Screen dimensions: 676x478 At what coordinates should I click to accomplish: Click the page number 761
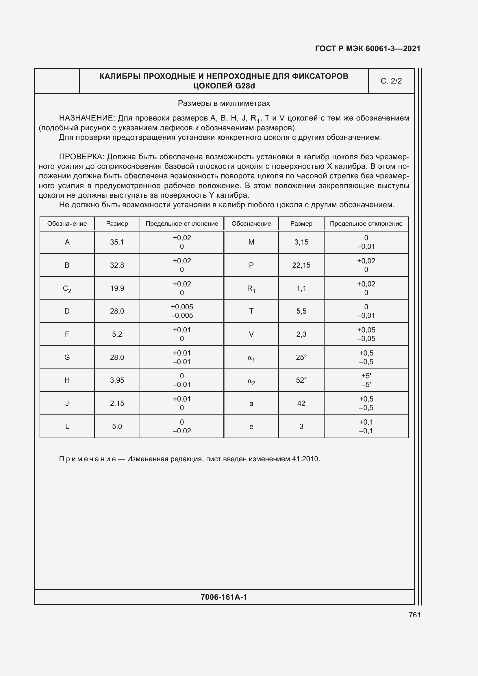414,615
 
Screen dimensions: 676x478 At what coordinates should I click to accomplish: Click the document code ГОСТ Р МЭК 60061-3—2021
367,49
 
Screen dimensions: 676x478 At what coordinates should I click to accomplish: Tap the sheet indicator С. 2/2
391,81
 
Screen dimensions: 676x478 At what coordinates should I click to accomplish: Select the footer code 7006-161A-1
224,597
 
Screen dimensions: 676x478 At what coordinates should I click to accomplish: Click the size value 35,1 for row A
117,242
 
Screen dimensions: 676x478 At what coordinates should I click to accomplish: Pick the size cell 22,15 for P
301,265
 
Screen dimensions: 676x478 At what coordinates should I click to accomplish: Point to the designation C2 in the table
67,288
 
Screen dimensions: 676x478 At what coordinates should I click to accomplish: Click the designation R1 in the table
251,288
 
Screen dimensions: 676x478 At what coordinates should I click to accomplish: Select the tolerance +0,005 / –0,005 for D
181,311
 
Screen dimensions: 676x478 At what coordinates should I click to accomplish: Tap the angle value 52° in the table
301,380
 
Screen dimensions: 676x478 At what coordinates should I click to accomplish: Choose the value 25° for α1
301,357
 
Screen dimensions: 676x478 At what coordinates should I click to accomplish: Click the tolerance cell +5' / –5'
366,380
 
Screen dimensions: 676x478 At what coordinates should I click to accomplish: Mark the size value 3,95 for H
117,380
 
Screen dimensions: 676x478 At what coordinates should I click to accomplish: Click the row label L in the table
67,426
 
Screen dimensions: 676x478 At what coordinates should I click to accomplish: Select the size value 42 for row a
301,403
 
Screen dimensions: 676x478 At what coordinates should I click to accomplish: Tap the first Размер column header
117,223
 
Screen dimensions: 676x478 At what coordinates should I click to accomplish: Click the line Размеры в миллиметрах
224,103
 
